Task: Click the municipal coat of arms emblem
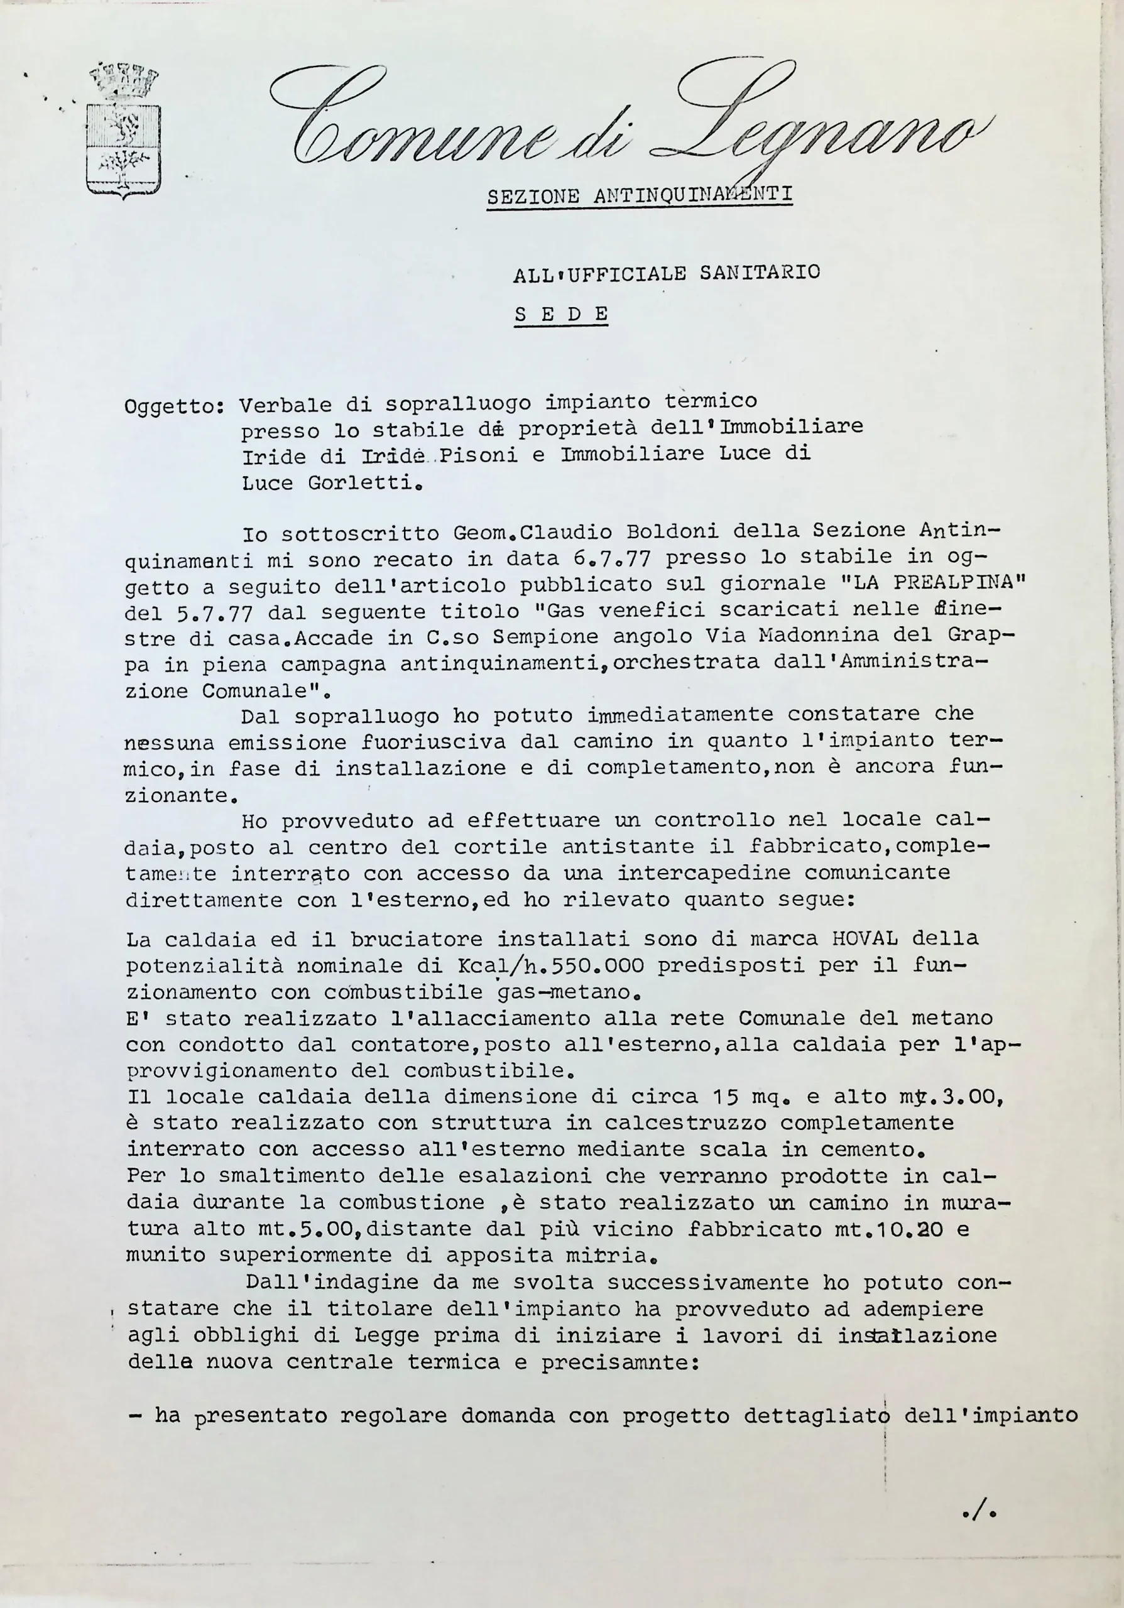tap(123, 132)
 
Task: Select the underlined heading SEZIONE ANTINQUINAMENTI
tap(640, 195)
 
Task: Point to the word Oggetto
tap(172, 408)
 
